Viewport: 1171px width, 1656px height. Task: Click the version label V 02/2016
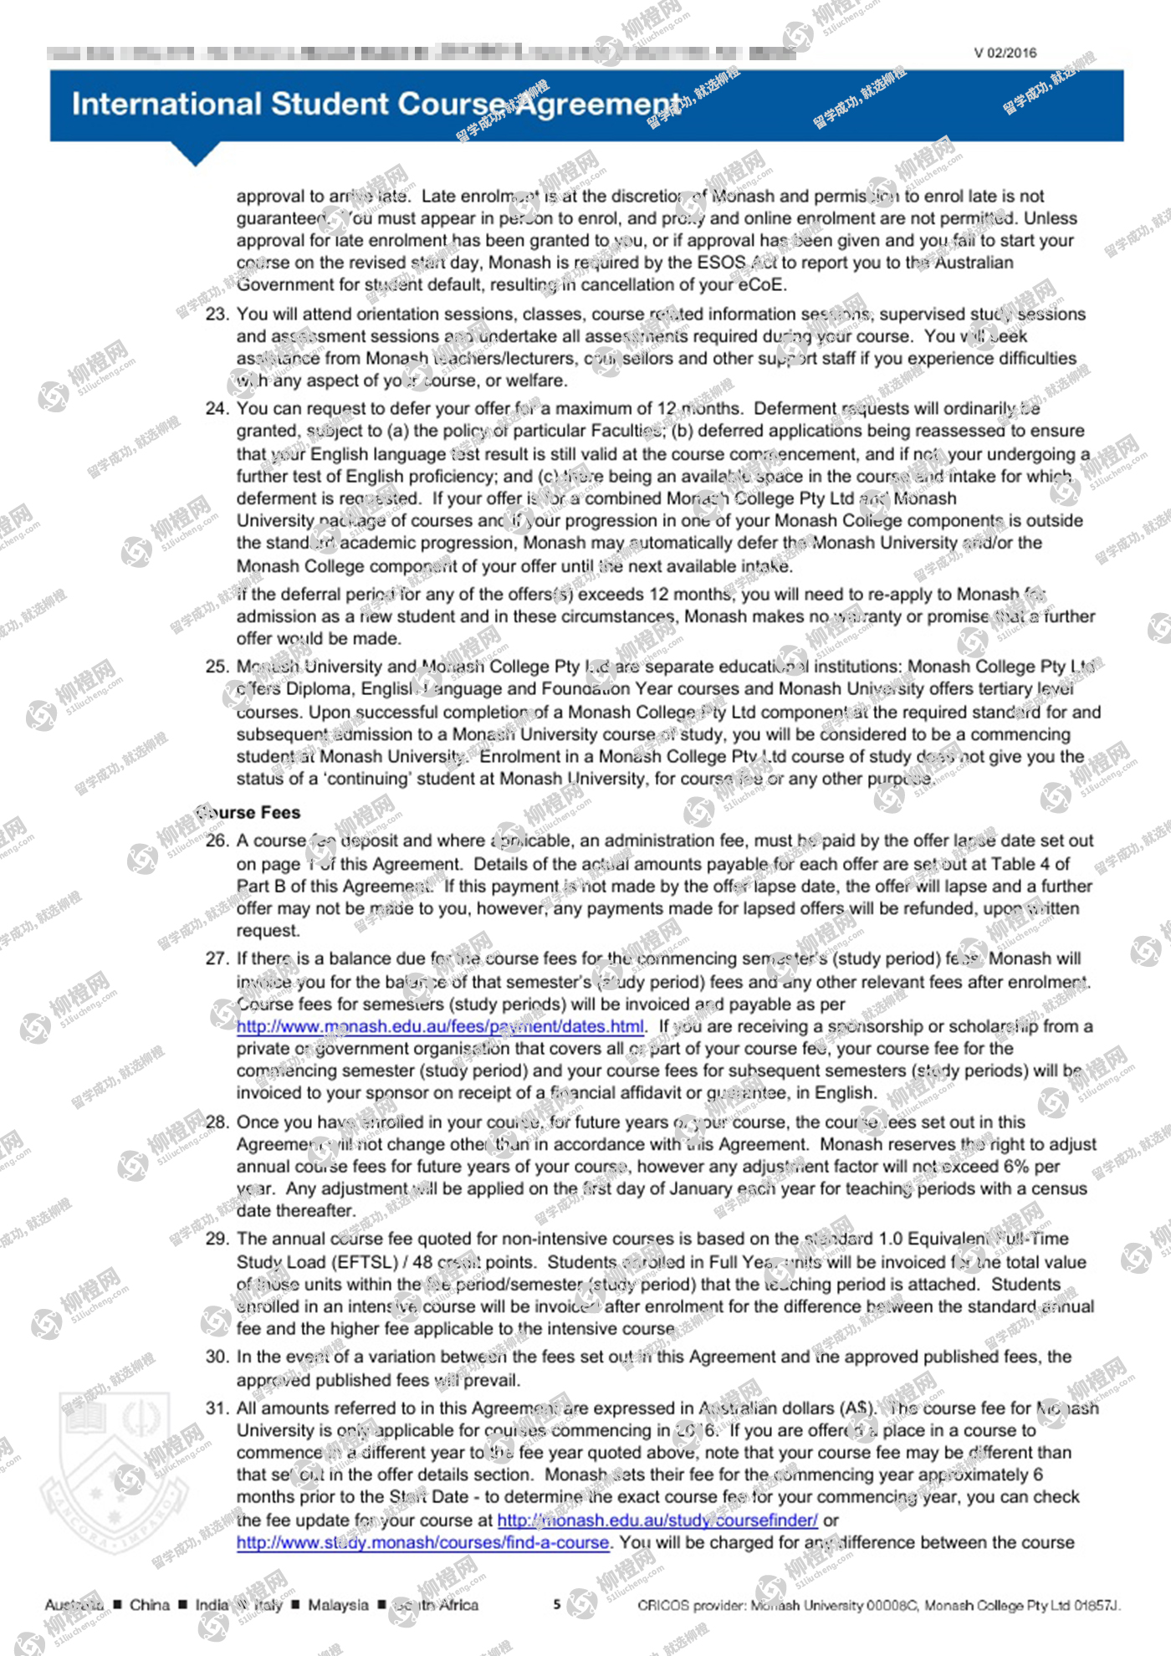(x=1005, y=53)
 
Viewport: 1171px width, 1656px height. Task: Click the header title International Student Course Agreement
(x=376, y=105)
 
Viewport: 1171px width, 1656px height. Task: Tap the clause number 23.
(x=217, y=314)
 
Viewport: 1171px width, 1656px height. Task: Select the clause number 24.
(x=217, y=409)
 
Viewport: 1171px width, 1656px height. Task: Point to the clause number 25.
(x=217, y=667)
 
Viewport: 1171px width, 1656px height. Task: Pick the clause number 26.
(x=217, y=841)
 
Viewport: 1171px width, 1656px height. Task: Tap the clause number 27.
(x=217, y=958)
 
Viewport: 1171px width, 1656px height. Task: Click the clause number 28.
(x=217, y=1122)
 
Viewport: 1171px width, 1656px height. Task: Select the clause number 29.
(x=217, y=1239)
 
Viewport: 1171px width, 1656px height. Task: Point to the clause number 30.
(x=217, y=1357)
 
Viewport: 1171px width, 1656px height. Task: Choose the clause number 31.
(x=217, y=1408)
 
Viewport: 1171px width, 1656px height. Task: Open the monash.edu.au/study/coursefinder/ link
(x=657, y=1520)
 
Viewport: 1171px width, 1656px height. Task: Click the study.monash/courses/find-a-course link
(x=422, y=1542)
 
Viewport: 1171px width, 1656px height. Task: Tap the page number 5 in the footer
(x=557, y=1604)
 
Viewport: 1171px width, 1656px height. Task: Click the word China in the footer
(x=150, y=1604)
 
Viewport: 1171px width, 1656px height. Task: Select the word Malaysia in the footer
(x=338, y=1604)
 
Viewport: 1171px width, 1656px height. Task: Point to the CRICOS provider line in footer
(x=878, y=1605)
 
